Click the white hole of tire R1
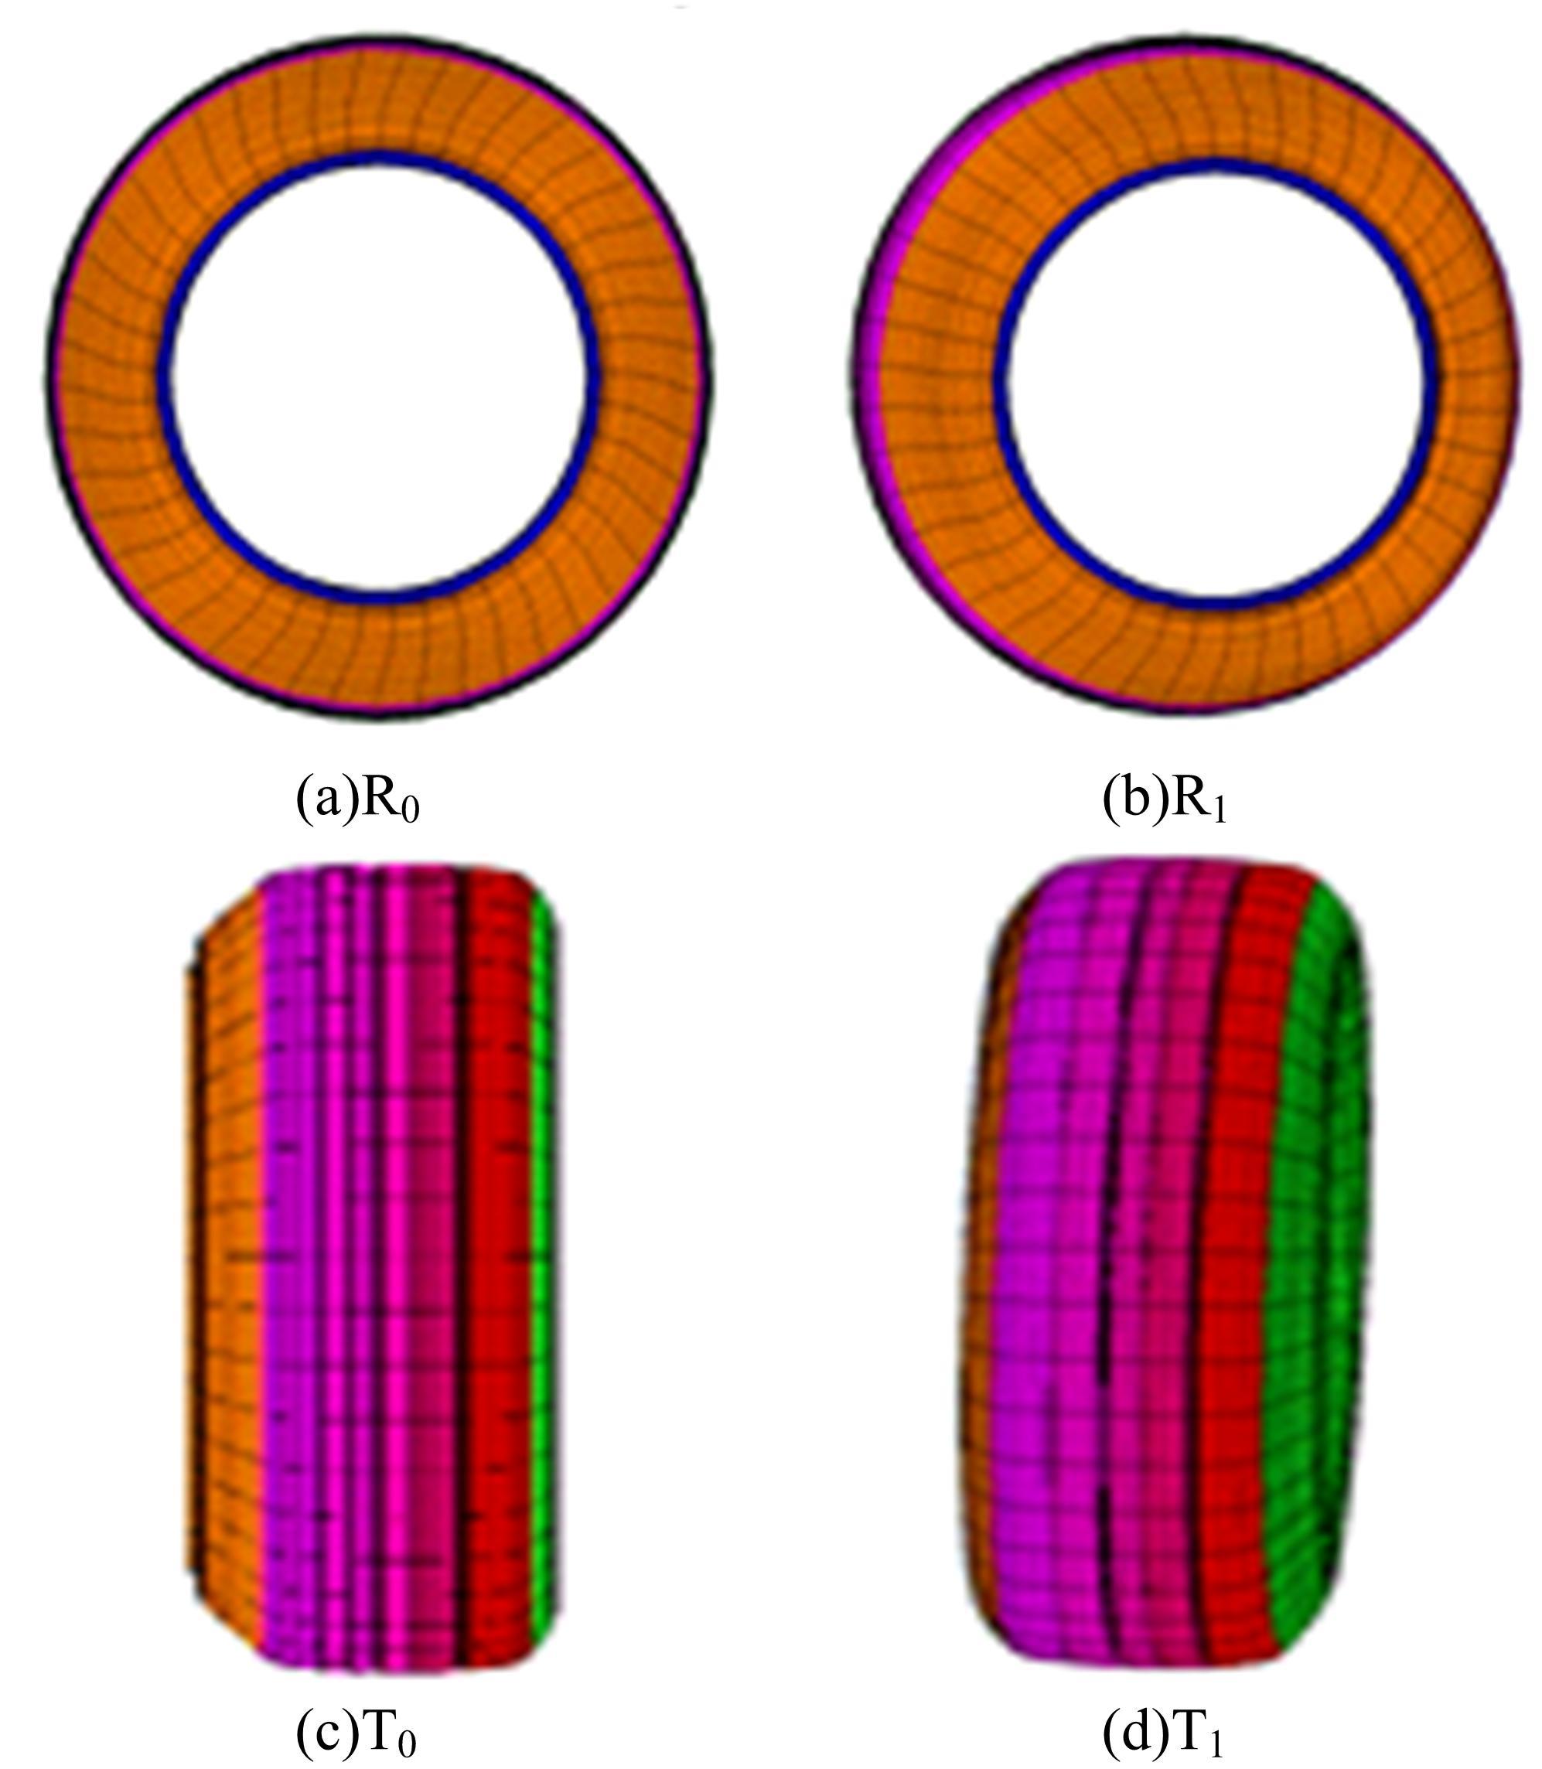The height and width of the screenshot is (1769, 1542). pyautogui.click(x=1215, y=379)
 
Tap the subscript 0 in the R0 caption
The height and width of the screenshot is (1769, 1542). pyautogui.click(x=411, y=811)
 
